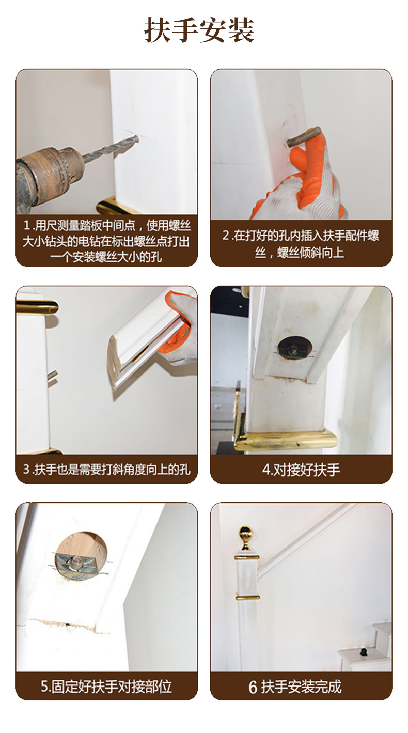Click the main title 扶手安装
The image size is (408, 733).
point(199,30)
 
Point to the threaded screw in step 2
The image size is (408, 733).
point(304,136)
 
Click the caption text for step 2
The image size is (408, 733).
point(301,244)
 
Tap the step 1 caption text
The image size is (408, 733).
point(107,241)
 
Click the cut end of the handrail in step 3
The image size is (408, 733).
point(115,361)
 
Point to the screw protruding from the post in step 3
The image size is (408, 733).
point(52,377)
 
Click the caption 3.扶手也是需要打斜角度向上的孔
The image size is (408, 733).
point(107,469)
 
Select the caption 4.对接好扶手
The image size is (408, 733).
point(301,470)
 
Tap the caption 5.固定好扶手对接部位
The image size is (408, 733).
point(106,686)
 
